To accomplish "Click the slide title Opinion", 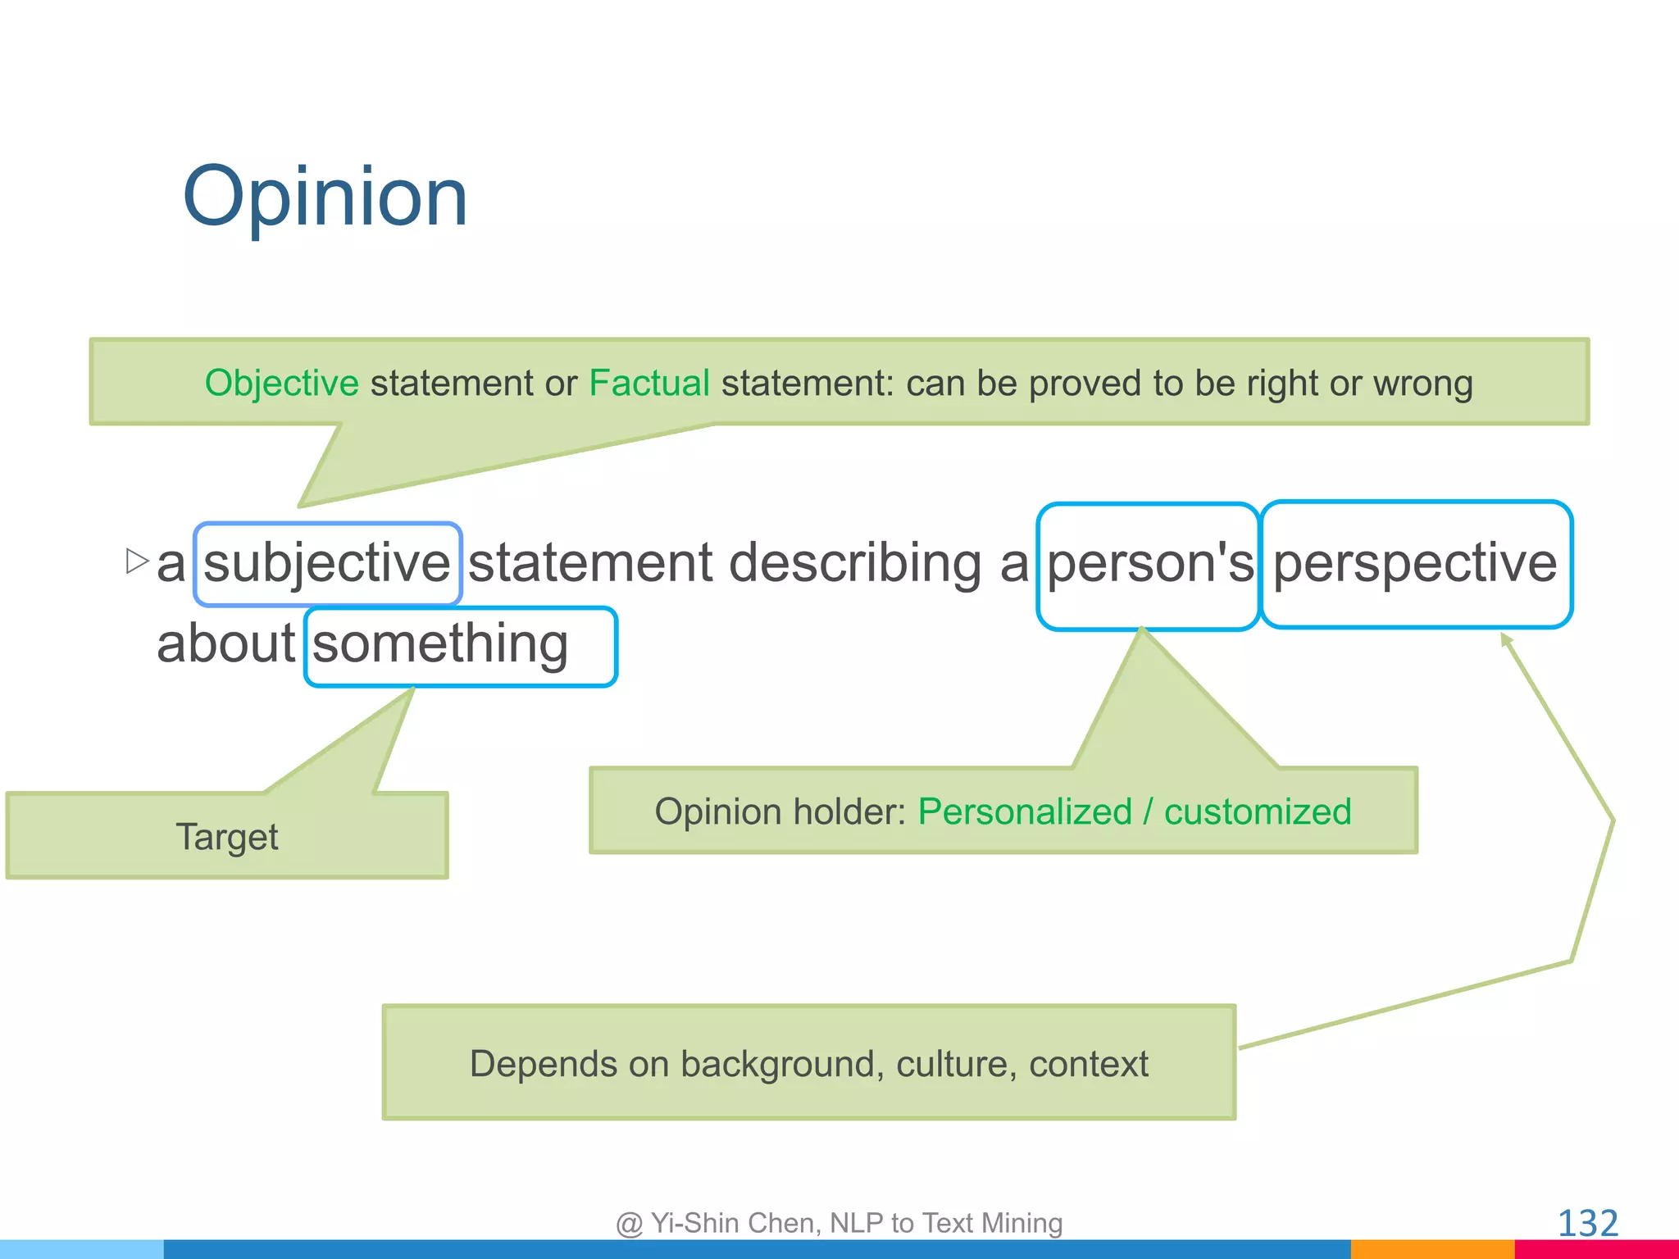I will [325, 197].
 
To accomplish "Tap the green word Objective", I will [281, 384].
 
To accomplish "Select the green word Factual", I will [648, 384].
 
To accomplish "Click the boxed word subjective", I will [327, 564].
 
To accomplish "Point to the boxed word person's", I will [1149, 565].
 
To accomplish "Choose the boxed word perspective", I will [1414, 565].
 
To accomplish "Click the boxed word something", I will [440, 644].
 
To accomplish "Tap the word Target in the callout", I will [227, 837].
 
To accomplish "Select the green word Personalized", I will [1024, 812].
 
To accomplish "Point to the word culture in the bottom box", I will [951, 1064].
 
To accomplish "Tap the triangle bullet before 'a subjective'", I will [137, 561].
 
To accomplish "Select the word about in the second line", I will [225, 644].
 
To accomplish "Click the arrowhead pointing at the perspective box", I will [1505, 639].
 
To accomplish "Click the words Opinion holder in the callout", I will [779, 812].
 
